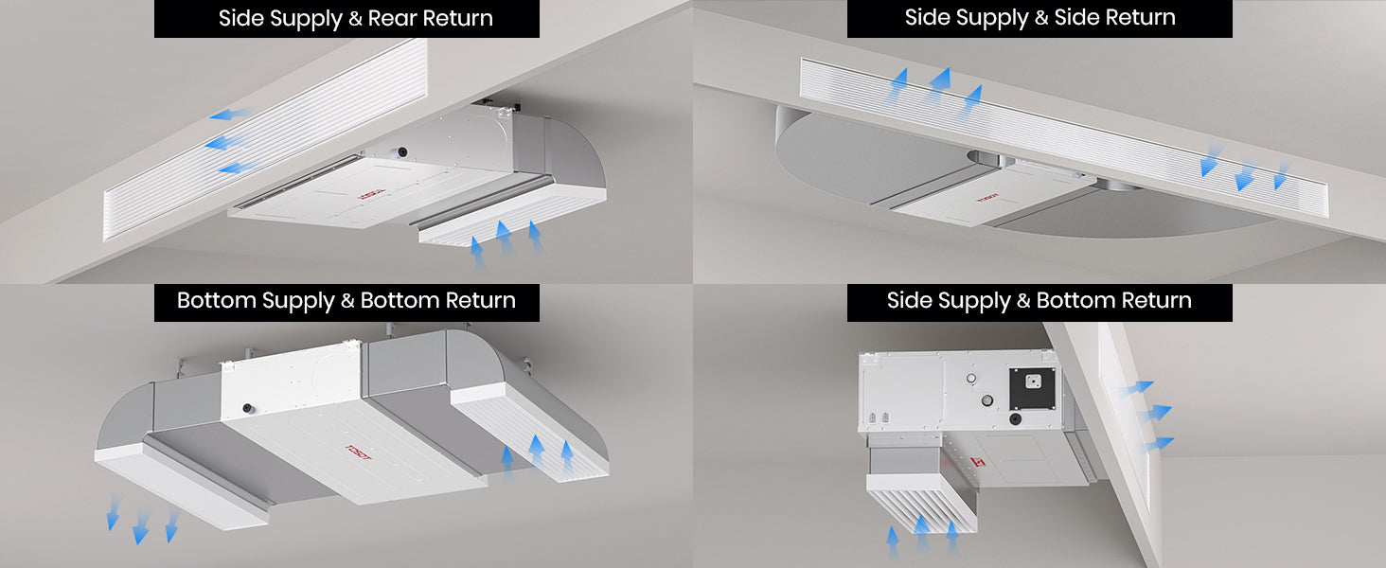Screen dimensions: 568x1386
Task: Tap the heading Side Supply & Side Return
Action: pyautogui.click(x=1039, y=18)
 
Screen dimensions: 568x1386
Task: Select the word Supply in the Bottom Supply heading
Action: pyautogui.click(x=297, y=301)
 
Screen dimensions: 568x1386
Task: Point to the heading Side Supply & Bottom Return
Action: pyautogui.click(x=1039, y=301)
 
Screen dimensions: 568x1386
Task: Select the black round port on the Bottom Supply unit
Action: pyautogui.click(x=249, y=408)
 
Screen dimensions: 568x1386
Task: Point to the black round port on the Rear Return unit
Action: pyautogui.click(x=402, y=151)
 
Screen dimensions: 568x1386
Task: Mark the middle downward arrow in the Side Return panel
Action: pyautogui.click(x=1244, y=174)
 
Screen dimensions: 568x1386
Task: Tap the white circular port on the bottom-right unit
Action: pyautogui.click(x=970, y=379)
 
